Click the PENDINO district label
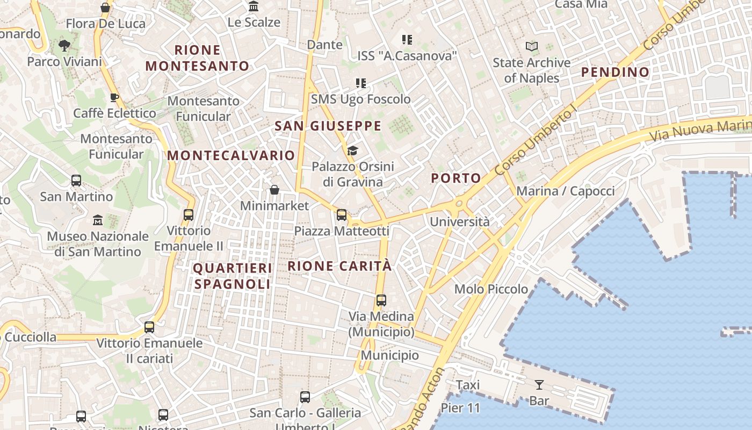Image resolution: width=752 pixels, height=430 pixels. pos(615,72)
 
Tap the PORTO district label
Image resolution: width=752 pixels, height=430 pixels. pos(456,178)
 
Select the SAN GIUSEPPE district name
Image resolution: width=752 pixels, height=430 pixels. pos(328,126)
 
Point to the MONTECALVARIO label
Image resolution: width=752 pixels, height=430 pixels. pos(231,155)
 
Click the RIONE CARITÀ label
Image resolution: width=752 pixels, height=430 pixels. pos(339,266)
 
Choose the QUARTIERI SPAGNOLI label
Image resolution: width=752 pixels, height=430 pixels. pos(233,276)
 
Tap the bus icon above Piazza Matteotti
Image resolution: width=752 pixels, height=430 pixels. pos(342,215)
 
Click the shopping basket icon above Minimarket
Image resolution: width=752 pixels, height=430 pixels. pos(274,190)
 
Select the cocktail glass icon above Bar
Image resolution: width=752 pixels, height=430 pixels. pos(539,384)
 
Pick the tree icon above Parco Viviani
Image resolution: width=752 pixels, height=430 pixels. pos(64,46)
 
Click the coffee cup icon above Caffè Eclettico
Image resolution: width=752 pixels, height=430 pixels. pos(114,97)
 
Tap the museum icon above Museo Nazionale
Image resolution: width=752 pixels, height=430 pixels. pos(98,220)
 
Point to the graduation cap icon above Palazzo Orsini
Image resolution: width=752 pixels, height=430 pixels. pos(352,150)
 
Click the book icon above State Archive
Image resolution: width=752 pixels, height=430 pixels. pos(532,47)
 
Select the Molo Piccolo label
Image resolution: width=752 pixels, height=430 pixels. pos(491,289)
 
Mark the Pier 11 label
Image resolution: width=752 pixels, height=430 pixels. pos(460,408)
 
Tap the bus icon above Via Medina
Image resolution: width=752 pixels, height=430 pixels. pos(381,300)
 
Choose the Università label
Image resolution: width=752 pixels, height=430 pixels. pos(460,221)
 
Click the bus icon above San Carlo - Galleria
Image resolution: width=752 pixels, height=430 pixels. pos(305,397)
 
